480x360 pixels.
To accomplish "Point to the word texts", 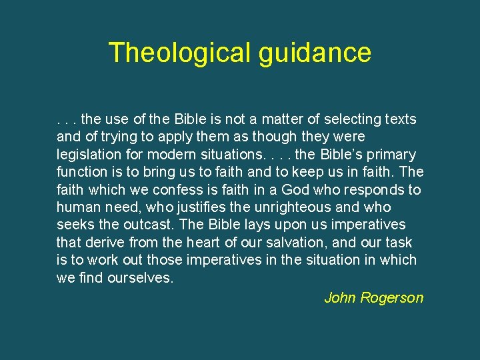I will click(x=401, y=120).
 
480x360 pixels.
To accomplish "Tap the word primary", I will click(x=391, y=155).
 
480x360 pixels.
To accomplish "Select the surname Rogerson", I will click(x=392, y=298).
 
